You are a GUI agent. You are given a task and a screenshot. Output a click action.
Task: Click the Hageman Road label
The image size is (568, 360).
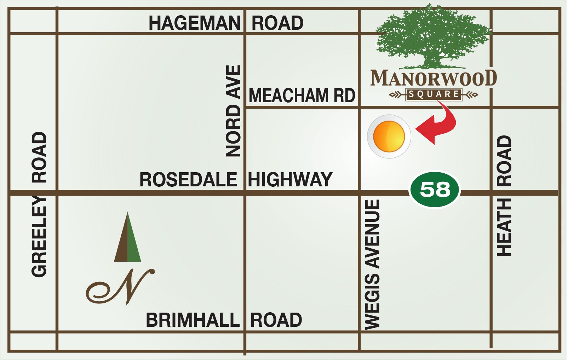(x=226, y=23)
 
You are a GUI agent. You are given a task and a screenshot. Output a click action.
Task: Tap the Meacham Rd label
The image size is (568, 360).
(x=302, y=95)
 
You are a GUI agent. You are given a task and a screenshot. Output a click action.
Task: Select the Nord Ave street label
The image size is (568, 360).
(x=233, y=111)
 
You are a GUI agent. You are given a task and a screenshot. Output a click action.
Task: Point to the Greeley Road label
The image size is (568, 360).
(x=39, y=204)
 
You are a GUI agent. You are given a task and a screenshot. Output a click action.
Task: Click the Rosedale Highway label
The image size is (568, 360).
(x=236, y=179)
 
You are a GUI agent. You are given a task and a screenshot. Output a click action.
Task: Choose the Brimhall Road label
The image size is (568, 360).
(x=224, y=320)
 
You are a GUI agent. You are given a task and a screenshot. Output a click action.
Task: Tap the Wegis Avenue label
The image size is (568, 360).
(x=372, y=265)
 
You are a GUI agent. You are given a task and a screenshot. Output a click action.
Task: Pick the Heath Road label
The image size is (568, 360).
(x=504, y=196)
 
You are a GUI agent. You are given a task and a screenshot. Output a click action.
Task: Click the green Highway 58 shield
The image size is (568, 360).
(x=435, y=190)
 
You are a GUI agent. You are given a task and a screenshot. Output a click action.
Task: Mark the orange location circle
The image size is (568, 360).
(x=389, y=137)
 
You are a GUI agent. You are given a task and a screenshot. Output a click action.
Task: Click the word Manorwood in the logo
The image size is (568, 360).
(x=434, y=78)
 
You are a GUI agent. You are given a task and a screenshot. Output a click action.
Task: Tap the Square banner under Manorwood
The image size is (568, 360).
(x=434, y=94)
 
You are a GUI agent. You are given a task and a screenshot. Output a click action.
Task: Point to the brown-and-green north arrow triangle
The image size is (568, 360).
(x=127, y=238)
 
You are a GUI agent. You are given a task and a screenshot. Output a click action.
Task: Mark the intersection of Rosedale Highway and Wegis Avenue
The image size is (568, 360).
(x=360, y=193)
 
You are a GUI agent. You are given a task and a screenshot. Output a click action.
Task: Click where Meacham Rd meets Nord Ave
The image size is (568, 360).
(x=245, y=107)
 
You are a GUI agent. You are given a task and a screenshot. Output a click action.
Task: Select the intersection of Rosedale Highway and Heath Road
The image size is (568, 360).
(x=491, y=193)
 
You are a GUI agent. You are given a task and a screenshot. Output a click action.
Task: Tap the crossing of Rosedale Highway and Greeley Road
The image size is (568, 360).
(x=57, y=193)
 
